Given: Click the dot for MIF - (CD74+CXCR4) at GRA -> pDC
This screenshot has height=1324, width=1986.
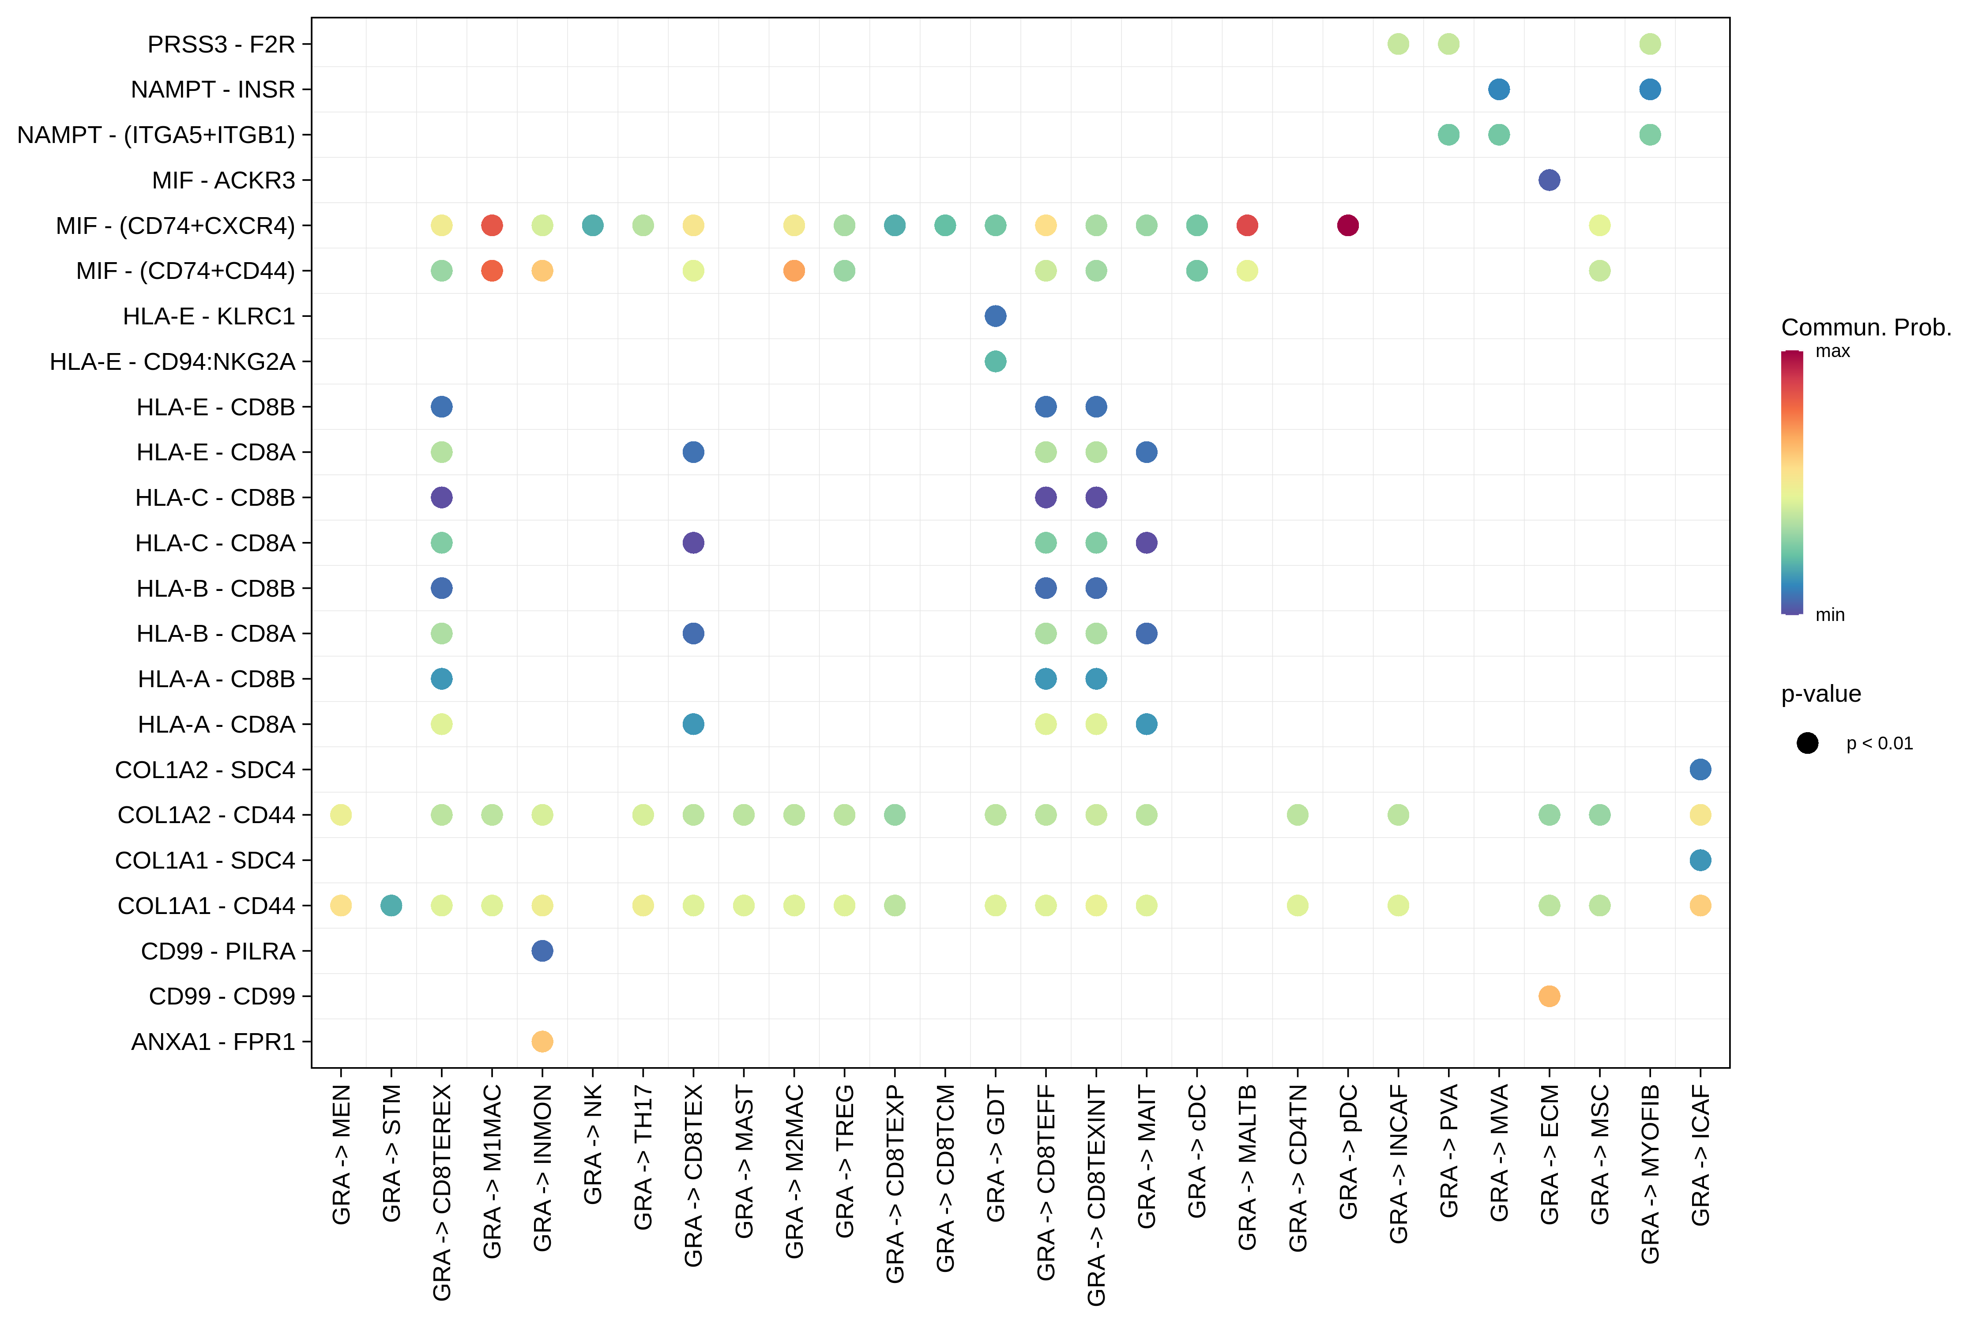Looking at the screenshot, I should click(x=1348, y=226).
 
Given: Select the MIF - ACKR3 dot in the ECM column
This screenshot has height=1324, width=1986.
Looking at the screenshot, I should click(x=1549, y=180).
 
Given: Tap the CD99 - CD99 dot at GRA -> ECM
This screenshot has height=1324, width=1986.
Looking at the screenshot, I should click(x=1549, y=997).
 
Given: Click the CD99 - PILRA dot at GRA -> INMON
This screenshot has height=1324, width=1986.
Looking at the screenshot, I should click(x=542, y=951).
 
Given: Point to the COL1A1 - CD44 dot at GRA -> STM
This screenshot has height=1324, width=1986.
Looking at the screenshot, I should click(x=391, y=905).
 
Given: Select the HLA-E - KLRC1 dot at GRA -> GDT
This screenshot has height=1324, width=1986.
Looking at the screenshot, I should click(x=996, y=316).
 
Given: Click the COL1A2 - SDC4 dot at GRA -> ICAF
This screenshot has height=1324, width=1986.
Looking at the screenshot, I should click(x=1700, y=769).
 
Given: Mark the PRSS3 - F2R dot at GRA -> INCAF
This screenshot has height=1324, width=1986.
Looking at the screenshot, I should click(x=1398, y=44).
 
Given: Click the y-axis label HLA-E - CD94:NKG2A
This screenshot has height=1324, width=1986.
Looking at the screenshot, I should click(x=172, y=361).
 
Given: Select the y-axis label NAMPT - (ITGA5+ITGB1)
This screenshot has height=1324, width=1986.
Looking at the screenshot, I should click(x=156, y=135).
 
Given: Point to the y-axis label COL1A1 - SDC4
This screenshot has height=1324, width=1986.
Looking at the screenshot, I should click(x=205, y=861).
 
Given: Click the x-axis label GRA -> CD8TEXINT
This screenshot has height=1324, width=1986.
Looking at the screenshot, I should click(x=1096, y=1195).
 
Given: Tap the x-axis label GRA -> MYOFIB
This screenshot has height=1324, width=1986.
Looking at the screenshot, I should click(x=1650, y=1174).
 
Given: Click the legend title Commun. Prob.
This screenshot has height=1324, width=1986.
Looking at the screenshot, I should click(x=1866, y=327).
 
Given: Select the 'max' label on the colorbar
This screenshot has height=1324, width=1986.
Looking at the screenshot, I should click(x=1832, y=351).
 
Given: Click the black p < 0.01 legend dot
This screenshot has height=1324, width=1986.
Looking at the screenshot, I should click(x=1807, y=743).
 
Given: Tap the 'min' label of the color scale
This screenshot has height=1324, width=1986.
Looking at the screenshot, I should click(x=1830, y=615).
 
